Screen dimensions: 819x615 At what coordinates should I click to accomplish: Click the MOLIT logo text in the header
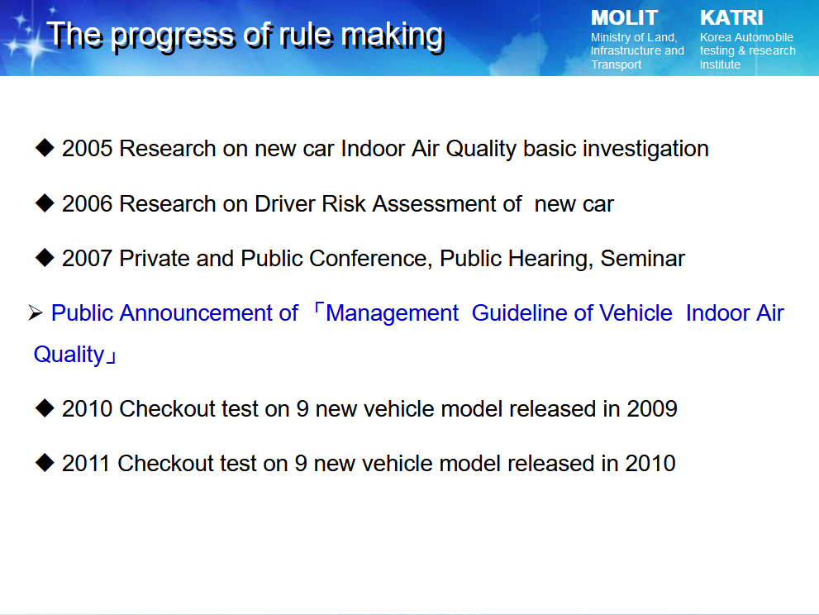click(624, 18)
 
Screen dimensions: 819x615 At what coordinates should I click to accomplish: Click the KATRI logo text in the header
click(731, 17)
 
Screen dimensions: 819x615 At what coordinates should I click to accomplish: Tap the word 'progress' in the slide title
click(174, 37)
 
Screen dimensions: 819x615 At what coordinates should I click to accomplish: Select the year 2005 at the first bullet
click(88, 149)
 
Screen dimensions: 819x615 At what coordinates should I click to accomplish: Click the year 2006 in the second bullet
click(88, 204)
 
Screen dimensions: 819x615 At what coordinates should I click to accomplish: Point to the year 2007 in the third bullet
click(88, 258)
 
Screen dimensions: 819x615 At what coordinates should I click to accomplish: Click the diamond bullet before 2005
click(45, 148)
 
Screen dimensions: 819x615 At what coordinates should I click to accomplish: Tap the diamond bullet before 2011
click(45, 462)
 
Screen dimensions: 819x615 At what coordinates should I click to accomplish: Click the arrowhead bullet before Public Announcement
click(36, 313)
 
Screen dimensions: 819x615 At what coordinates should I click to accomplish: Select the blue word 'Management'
click(392, 313)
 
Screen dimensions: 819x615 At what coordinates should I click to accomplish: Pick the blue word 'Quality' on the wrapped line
click(69, 355)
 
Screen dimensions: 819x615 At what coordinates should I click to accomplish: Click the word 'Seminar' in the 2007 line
click(642, 258)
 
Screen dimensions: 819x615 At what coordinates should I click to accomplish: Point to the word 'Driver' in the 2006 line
click(284, 204)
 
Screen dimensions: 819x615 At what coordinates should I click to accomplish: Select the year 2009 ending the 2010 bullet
click(652, 408)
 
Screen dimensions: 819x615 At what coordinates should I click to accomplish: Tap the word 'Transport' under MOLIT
click(617, 64)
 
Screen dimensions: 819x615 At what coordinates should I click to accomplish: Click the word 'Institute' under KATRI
click(721, 64)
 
